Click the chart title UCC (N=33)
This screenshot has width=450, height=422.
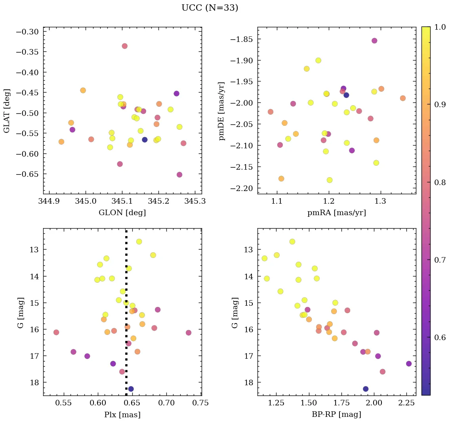pyautogui.click(x=210, y=8)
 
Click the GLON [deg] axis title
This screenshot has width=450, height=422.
pyautogui.click(x=122, y=213)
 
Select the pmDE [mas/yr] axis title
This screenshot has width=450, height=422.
pyautogui.click(x=222, y=111)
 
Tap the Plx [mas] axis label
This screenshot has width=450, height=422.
pyautogui.click(x=122, y=414)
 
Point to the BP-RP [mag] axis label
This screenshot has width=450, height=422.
pyautogui.click(x=336, y=414)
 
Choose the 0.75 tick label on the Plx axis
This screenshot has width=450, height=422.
pyautogui.click(x=200, y=403)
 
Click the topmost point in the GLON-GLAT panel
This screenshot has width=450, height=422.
pyautogui.click(x=124, y=46)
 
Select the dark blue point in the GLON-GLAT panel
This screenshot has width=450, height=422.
pyautogui.click(x=145, y=140)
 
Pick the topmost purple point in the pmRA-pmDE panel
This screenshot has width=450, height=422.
pyautogui.click(x=374, y=41)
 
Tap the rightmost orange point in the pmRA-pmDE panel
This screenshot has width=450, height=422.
pyautogui.click(x=402, y=98)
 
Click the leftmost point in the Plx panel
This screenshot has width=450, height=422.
pyautogui.click(x=56, y=332)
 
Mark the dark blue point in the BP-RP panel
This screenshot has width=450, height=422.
pyautogui.click(x=366, y=389)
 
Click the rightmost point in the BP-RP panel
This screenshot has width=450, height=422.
pyautogui.click(x=409, y=363)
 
